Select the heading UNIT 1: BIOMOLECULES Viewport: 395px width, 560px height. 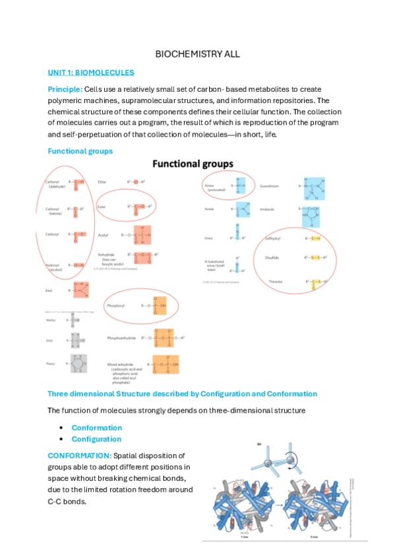91,72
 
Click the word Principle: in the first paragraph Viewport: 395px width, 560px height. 65,88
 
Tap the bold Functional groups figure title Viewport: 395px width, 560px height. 193,163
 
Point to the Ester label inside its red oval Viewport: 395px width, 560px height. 102,206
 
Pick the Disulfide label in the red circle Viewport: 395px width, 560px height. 272,258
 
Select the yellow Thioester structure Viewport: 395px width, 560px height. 316,283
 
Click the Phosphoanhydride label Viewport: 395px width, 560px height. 122,338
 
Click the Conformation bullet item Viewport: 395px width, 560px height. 96,427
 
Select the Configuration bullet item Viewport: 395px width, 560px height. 96,438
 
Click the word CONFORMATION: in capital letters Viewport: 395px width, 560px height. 79,456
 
